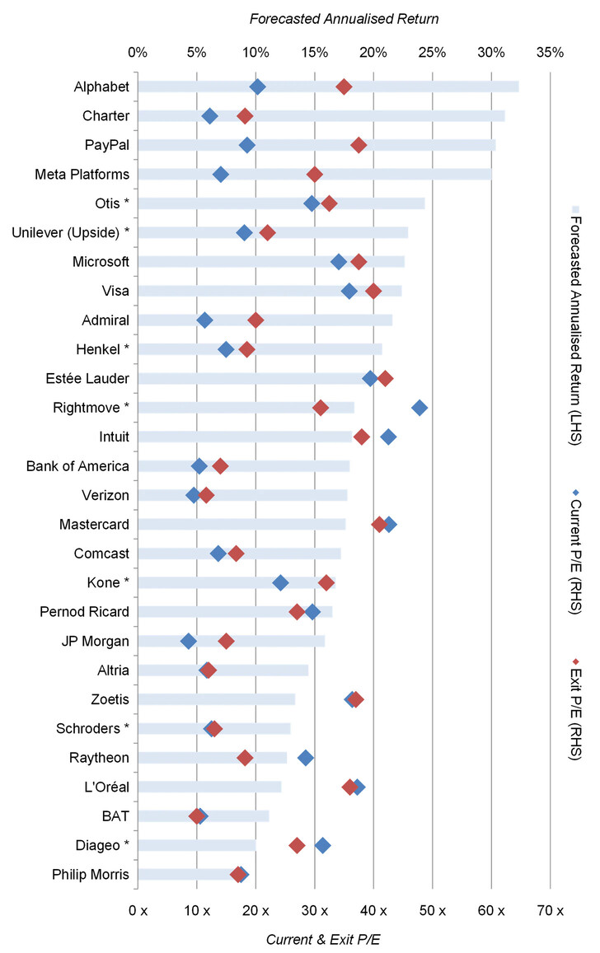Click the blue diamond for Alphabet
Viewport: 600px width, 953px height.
(x=257, y=87)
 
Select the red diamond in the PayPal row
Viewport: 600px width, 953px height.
(x=359, y=145)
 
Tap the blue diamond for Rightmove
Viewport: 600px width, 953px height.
(x=420, y=408)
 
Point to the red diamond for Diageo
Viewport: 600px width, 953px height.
(x=297, y=845)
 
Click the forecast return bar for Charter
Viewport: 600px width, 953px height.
(x=321, y=116)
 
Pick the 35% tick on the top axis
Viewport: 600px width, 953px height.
(x=550, y=52)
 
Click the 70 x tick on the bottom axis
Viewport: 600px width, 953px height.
(x=550, y=910)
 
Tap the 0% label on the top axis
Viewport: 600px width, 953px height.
(x=138, y=52)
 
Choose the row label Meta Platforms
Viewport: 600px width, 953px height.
(x=82, y=175)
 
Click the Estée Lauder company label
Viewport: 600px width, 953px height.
(x=88, y=378)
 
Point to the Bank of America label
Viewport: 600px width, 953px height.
(x=77, y=466)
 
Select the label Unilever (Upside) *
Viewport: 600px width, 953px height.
(x=71, y=232)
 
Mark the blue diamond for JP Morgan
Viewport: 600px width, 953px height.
(x=189, y=641)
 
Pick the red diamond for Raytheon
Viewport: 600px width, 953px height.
(x=245, y=758)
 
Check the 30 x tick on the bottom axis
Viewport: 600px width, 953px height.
(x=314, y=910)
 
